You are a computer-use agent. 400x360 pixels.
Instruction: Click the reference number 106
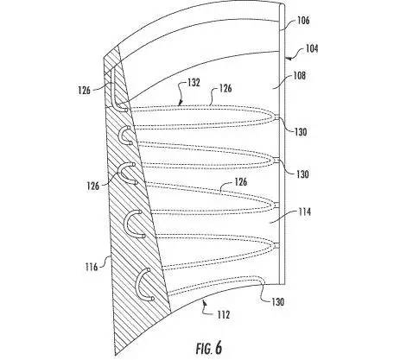(303, 21)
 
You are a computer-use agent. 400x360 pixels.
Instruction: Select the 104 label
(312, 48)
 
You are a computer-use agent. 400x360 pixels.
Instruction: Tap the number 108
(299, 76)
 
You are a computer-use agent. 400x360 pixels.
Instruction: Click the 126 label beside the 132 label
(225, 88)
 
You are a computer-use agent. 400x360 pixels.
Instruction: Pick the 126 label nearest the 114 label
(240, 182)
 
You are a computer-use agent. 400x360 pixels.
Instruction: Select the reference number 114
(304, 212)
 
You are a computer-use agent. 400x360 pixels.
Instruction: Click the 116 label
(92, 267)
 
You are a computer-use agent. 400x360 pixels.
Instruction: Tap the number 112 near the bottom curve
(224, 315)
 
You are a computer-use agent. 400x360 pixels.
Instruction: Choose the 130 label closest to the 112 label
(278, 301)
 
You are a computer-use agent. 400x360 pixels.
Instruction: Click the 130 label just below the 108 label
(301, 132)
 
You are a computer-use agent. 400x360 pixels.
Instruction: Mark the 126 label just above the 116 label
(93, 186)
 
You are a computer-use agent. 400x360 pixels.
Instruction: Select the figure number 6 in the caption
(219, 348)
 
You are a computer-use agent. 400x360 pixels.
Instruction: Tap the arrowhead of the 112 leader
(204, 301)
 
